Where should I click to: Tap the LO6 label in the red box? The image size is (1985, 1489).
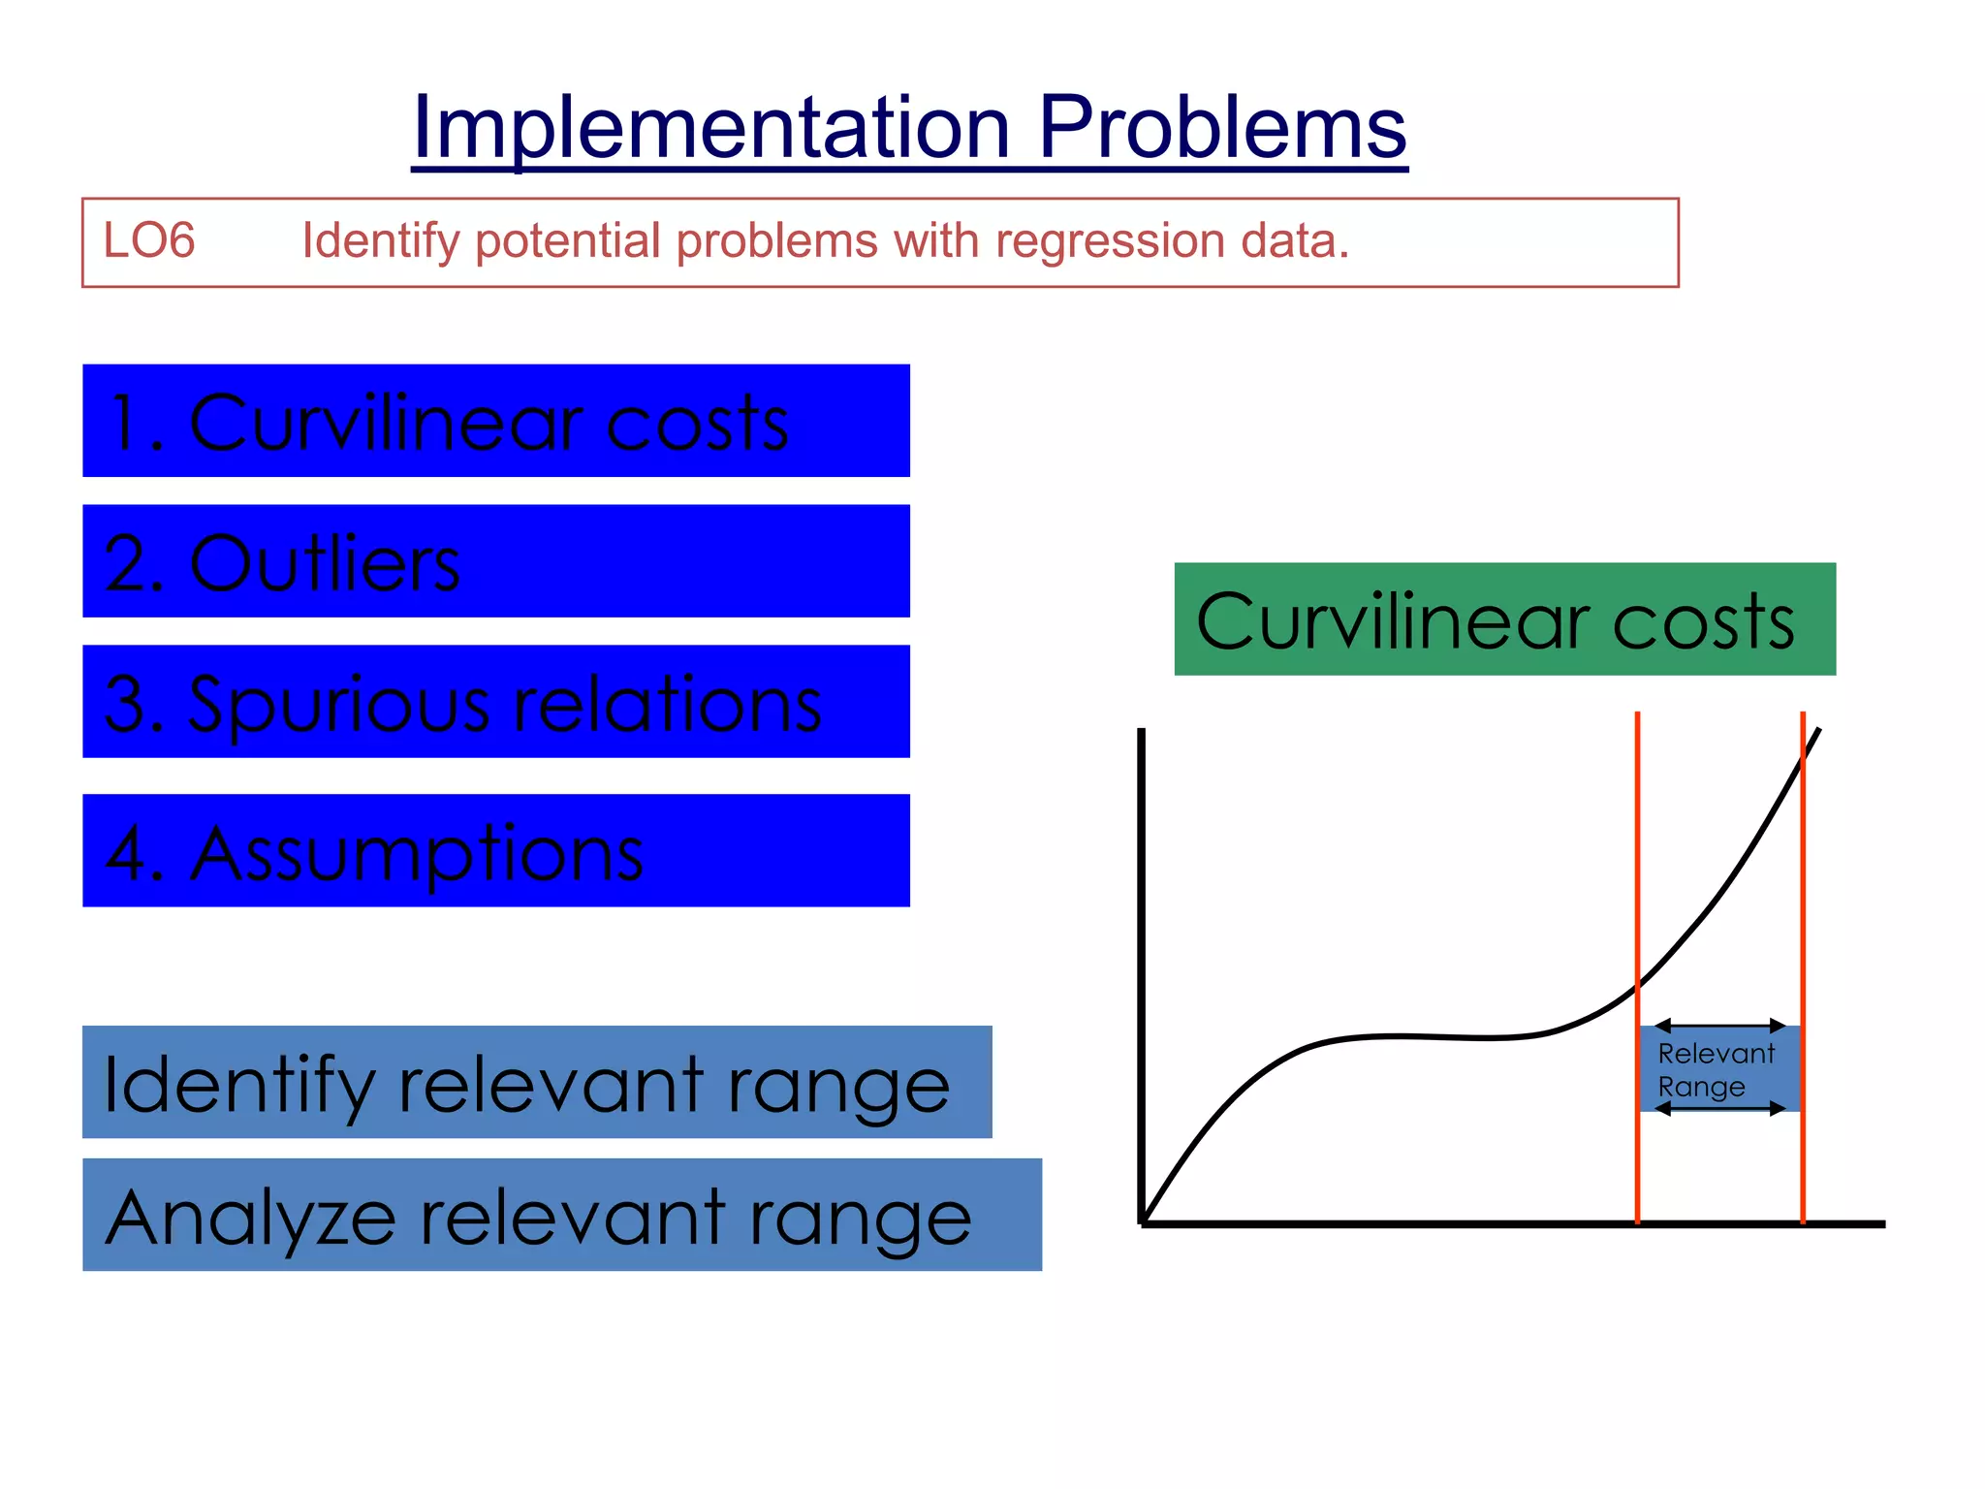148,240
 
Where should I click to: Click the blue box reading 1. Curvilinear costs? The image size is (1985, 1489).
495,421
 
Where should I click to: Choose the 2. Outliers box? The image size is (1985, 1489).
495,561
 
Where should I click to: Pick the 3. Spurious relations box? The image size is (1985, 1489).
495,702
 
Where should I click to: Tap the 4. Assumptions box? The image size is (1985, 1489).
495,851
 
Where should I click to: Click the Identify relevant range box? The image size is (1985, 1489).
536,1082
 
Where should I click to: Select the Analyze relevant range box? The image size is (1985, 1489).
561,1215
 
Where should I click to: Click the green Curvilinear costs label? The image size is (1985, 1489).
1504,619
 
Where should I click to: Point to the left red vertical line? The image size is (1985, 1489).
1637,872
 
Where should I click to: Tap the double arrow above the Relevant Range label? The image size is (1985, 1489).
1719,1026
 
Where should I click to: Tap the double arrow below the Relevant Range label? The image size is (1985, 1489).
1719,1108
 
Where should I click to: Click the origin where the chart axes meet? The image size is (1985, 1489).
1143,1223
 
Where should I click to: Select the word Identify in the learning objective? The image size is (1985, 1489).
380,240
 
